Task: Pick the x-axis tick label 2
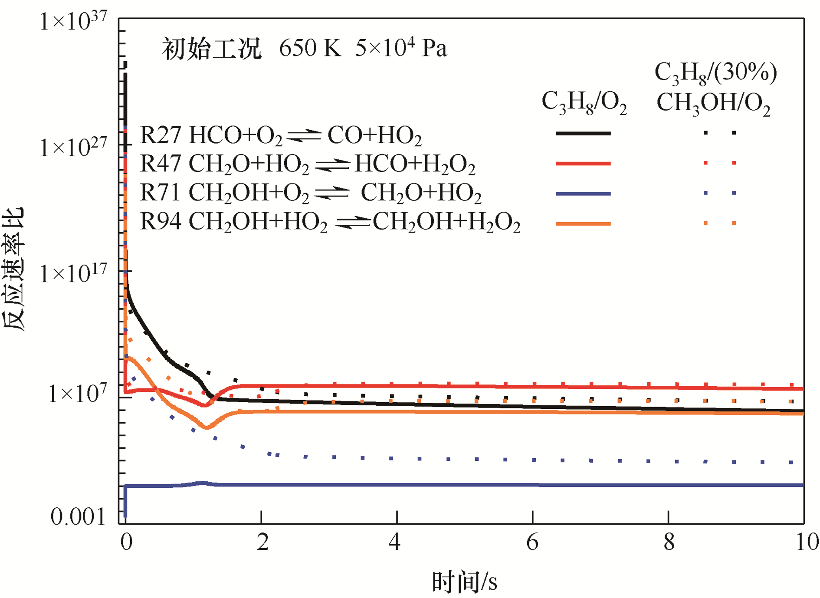point(262,542)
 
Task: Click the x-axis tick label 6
point(532,542)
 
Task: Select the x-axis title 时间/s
point(464,582)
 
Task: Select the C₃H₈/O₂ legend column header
point(584,102)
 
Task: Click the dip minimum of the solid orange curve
point(207,428)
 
